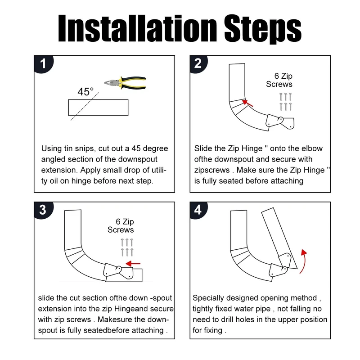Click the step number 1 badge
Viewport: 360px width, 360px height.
click(43, 63)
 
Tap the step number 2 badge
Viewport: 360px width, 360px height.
click(198, 63)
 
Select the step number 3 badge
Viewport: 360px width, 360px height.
click(43, 210)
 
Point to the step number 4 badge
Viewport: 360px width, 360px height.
click(198, 210)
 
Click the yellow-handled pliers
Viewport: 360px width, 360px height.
click(125, 83)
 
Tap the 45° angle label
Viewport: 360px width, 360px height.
click(85, 92)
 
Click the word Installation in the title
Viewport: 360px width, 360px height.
click(138, 28)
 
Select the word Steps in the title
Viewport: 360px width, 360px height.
click(263, 29)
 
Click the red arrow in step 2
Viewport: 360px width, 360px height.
click(248, 103)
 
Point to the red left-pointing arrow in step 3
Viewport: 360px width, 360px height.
click(133, 264)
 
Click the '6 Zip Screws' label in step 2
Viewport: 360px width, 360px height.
click(279, 80)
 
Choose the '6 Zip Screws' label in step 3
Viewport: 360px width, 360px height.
click(121, 226)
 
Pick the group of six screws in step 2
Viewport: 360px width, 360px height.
click(285, 102)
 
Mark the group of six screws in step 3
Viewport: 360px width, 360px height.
click(127, 247)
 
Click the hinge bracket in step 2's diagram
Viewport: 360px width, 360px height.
click(280, 121)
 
